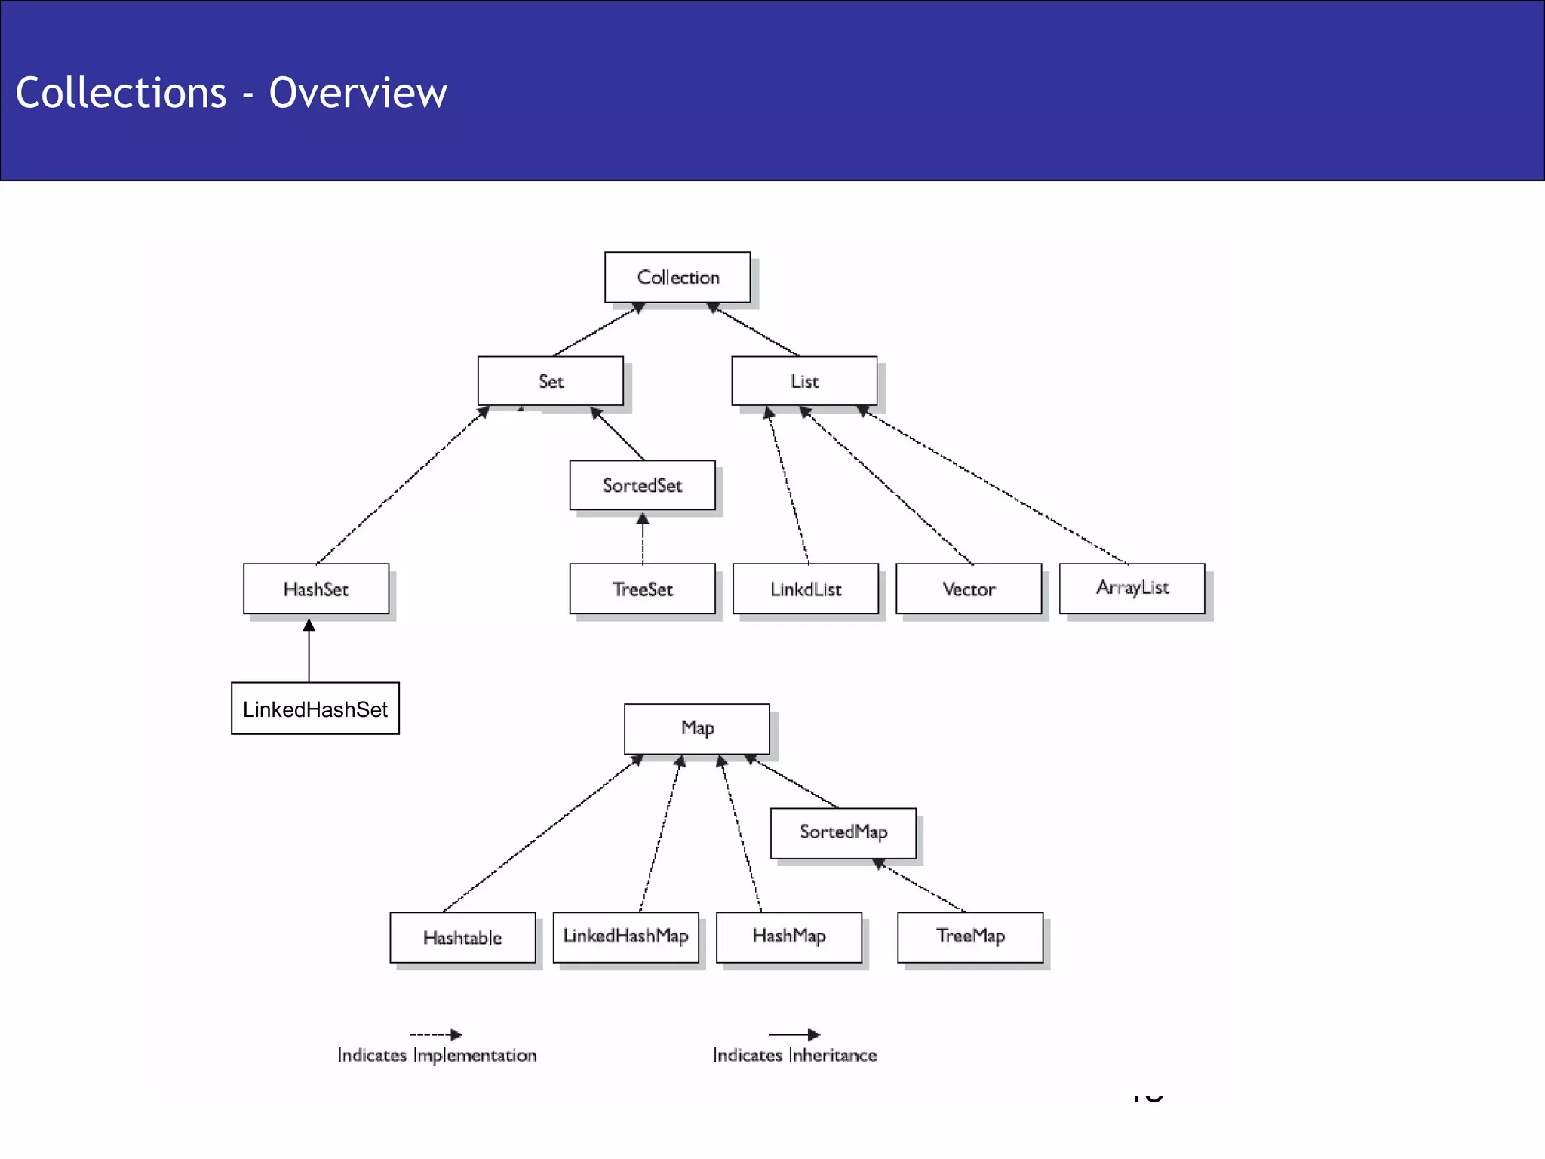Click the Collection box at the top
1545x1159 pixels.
pos(677,277)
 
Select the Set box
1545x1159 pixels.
pos(551,381)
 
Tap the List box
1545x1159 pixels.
pos(804,381)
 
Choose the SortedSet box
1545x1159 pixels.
pos(642,485)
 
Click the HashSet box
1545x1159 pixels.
pos(316,589)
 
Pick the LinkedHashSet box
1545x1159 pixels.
pos(315,709)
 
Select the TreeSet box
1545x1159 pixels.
pos(642,589)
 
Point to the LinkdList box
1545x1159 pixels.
pos(806,589)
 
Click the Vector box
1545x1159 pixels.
pos(969,589)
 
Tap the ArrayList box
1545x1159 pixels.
pos(1132,588)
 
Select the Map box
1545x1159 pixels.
pos(697,728)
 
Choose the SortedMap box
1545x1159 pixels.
pos(843,832)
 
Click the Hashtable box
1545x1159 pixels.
pos(462,937)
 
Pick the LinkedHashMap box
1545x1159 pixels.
pos(625,936)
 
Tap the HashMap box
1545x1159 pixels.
pos(789,936)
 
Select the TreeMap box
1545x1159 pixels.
pos(970,936)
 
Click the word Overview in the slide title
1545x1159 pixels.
pos(358,93)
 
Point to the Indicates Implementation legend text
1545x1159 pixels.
pos(437,1055)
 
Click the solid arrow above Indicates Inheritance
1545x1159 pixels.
pos(794,1034)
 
